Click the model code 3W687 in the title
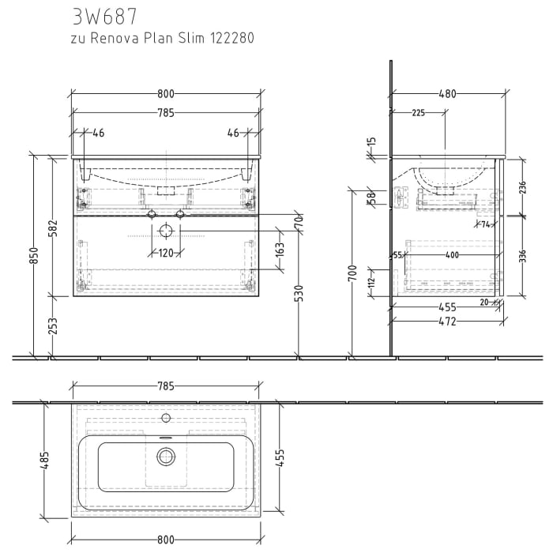coord(104,16)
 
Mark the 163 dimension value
coord(280,251)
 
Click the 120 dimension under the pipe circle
coord(166,254)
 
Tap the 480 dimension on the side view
coord(447,94)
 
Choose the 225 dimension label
coord(418,113)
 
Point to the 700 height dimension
coord(353,273)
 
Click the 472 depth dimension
coord(447,322)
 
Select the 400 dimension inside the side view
coord(451,255)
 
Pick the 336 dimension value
coord(521,257)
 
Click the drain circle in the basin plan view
coord(166,455)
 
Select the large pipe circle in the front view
coord(166,231)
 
